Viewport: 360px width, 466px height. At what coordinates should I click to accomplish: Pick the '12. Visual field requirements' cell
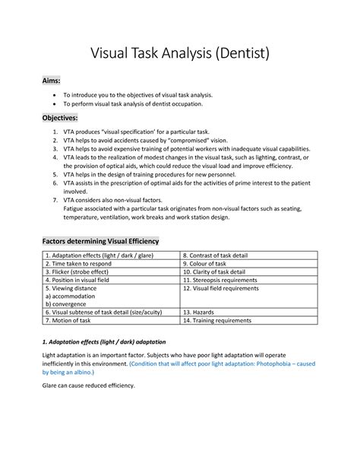226,289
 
